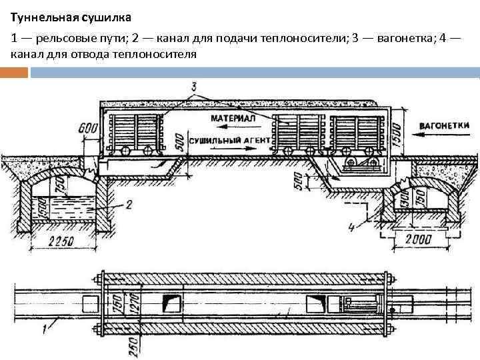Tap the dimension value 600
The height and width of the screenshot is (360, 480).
pos(87,129)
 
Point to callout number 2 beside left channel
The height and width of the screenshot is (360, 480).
pos(129,203)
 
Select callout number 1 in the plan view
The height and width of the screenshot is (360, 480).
pos(45,327)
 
